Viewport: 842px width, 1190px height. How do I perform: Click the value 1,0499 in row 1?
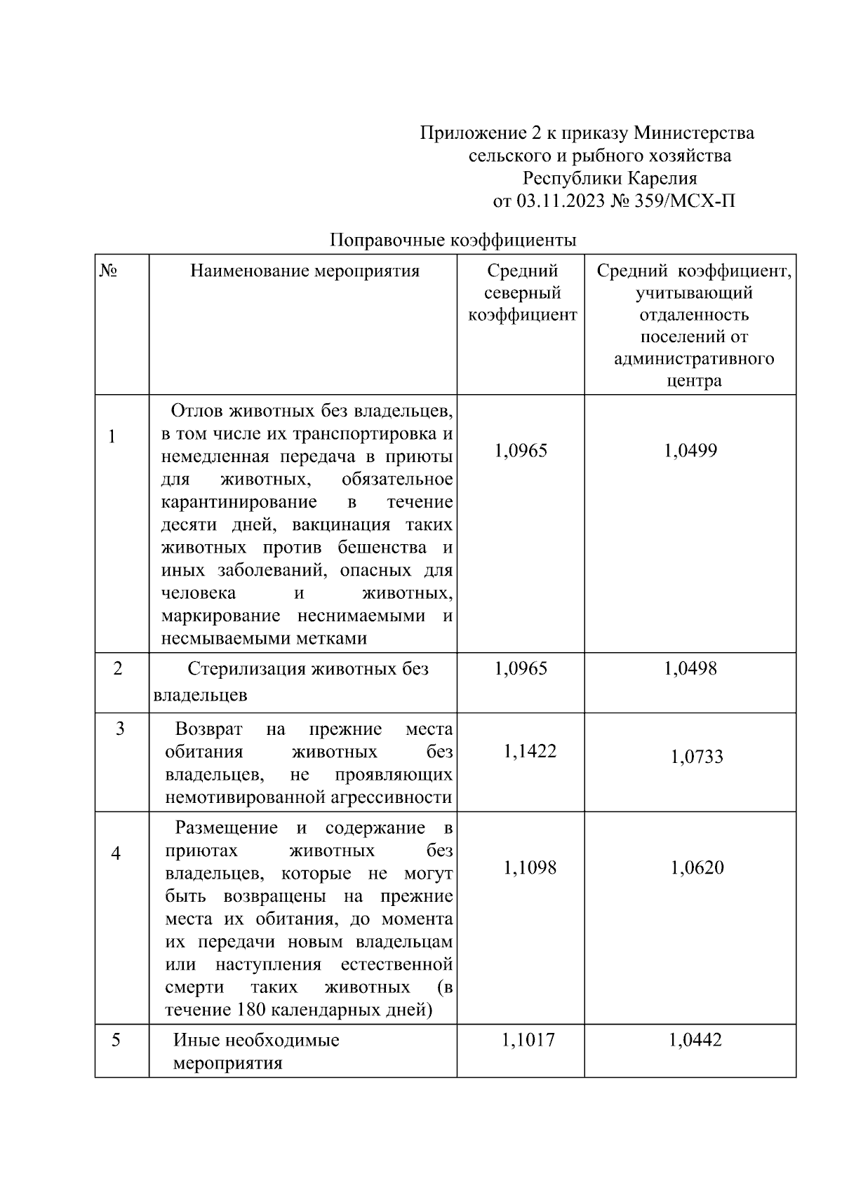tap(690, 450)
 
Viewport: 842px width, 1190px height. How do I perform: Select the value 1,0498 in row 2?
tap(690, 668)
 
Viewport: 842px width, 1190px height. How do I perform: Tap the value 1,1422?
tap(530, 752)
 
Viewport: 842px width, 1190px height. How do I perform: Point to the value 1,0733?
tap(697, 757)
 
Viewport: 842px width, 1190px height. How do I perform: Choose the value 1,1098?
tap(530, 868)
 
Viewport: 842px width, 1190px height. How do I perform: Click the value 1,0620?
tap(697, 868)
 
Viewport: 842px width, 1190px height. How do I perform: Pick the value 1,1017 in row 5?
tap(528, 1040)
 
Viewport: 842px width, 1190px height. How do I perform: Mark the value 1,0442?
tap(695, 1040)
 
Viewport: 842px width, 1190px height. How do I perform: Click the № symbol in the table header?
tap(108, 271)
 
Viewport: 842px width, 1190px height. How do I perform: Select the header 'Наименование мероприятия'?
tap(305, 271)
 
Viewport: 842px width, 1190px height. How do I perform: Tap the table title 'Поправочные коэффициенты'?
tap(453, 241)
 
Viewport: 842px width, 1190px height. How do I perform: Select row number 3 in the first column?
tap(120, 729)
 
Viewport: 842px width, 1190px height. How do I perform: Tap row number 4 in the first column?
tap(116, 853)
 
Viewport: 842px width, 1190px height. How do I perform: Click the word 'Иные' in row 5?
tap(196, 1040)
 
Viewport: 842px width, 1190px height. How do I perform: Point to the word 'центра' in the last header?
tap(694, 381)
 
